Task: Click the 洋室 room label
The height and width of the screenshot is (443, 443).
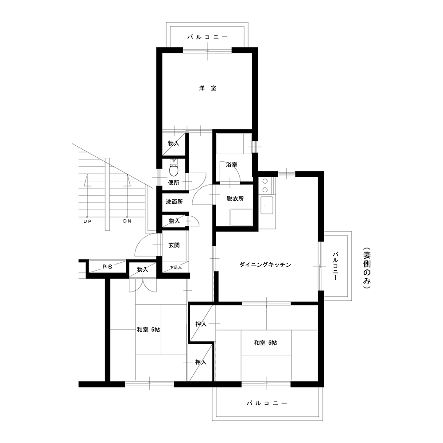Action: [x=208, y=88]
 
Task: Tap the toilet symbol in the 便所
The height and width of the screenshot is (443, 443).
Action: [x=174, y=168]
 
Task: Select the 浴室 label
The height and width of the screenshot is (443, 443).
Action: [x=232, y=165]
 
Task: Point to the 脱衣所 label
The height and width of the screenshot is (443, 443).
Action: [x=235, y=198]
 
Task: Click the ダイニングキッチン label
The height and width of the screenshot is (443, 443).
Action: [x=265, y=265]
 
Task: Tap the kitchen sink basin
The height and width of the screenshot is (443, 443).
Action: [x=267, y=206]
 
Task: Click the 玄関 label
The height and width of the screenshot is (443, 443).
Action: [x=174, y=245]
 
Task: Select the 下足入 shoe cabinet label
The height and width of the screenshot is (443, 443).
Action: [x=176, y=267]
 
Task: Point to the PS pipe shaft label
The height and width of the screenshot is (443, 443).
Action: [x=107, y=267]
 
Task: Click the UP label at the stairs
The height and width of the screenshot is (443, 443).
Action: [x=88, y=221]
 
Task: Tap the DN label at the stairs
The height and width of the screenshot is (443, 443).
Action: [x=128, y=221]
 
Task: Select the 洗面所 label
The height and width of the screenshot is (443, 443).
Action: [x=174, y=202]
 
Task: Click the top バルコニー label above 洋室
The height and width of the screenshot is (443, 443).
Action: [x=208, y=37]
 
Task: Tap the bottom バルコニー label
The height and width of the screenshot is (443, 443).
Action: [x=267, y=403]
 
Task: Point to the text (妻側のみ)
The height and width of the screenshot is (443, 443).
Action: [x=367, y=268]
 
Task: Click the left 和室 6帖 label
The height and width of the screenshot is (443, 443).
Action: [x=148, y=330]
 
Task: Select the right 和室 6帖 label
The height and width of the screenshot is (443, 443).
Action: [x=265, y=343]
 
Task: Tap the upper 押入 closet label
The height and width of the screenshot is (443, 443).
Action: [x=201, y=324]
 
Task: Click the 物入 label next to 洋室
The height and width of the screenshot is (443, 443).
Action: [x=174, y=143]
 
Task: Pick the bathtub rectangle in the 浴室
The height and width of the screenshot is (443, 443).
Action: [x=234, y=144]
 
